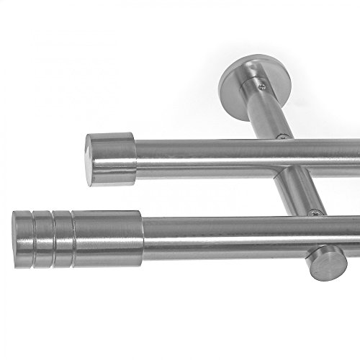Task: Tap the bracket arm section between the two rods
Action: coord(295,191)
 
